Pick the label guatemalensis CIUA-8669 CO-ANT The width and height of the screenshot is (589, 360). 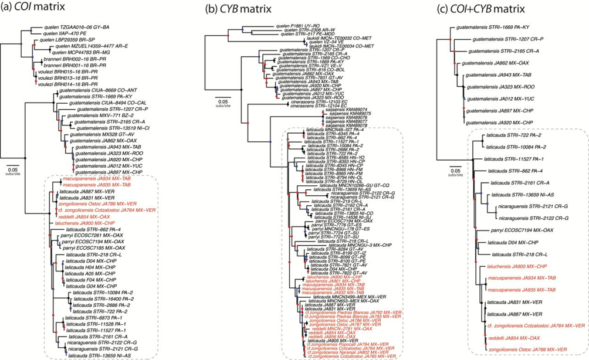click(80, 91)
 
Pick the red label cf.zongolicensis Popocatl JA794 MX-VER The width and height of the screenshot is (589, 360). click(355, 344)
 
